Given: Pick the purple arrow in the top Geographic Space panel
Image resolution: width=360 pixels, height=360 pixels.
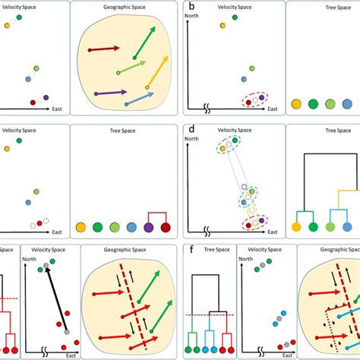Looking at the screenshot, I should click(x=110, y=92).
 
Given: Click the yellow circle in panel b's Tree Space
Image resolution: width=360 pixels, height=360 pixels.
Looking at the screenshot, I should click(x=297, y=105).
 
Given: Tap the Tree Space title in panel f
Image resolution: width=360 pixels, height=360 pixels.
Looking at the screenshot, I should click(x=209, y=257).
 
